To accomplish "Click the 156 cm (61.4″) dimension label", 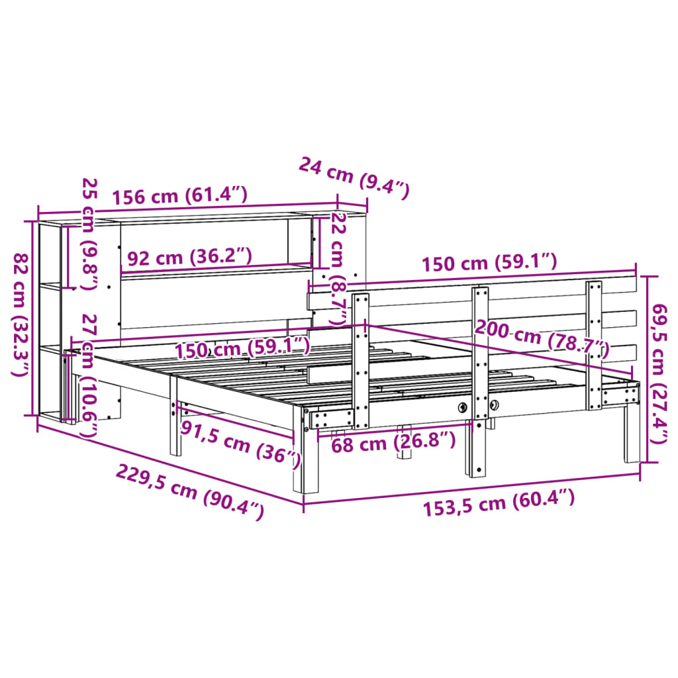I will coord(179,196).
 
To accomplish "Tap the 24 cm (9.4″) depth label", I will coord(354,177).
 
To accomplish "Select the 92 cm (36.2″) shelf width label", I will coord(189,256).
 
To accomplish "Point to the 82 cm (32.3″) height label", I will coord(21,315).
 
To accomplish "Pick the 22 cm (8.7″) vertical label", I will coord(339,268).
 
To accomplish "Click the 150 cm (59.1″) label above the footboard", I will coord(489,263).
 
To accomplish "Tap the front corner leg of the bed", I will coord(309,457).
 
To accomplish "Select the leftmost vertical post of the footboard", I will coord(361,361).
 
